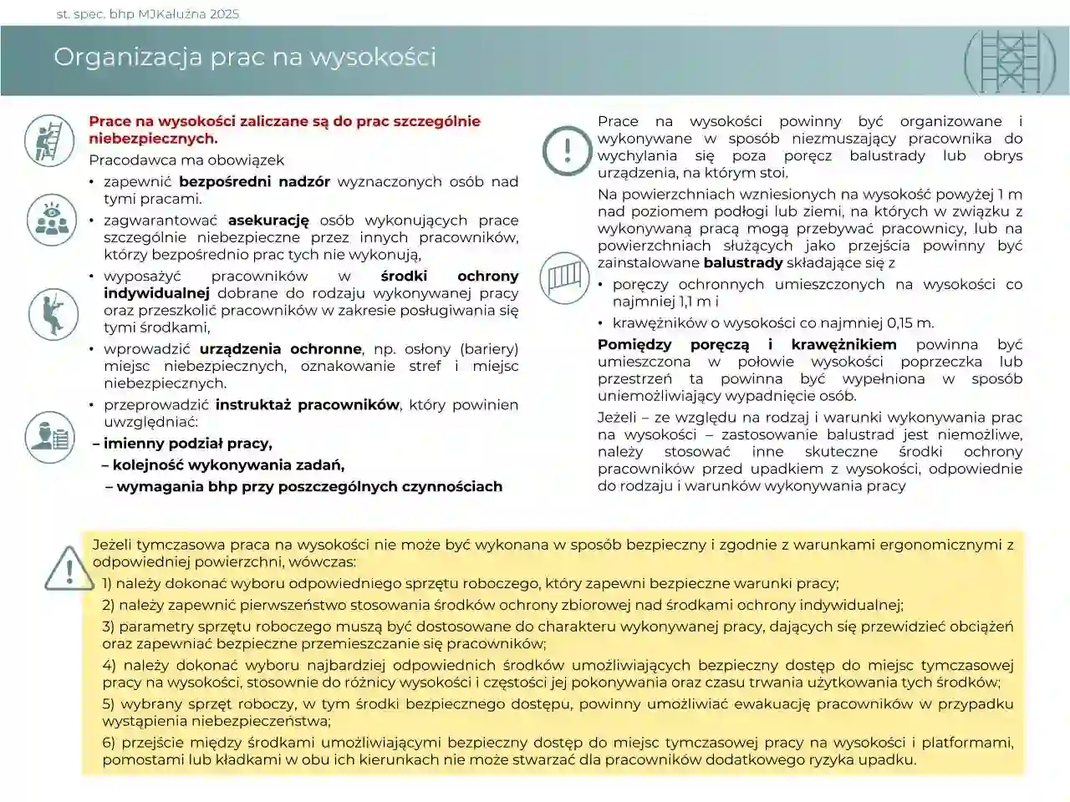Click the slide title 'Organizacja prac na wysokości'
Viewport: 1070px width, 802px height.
[244, 57]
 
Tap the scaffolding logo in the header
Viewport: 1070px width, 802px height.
[1009, 61]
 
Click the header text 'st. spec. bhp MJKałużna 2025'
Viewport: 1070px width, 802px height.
[147, 13]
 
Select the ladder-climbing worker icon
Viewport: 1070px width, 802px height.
[49, 140]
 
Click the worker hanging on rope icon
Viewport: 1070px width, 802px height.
[53, 314]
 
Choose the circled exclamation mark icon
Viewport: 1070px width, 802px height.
[568, 150]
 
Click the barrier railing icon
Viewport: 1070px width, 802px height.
[565, 277]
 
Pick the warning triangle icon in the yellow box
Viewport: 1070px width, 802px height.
[69, 567]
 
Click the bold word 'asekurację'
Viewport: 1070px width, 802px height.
[268, 221]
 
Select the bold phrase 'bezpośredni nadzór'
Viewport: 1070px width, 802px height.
[254, 181]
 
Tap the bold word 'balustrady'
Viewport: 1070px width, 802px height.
[742, 262]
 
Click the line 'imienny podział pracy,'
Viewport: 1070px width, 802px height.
[187, 444]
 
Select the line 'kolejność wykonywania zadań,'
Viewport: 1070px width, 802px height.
[228, 465]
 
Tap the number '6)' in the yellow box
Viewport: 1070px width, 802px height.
[109, 743]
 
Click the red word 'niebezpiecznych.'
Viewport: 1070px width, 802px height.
[153, 139]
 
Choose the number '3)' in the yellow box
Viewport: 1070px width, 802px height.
[109, 627]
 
